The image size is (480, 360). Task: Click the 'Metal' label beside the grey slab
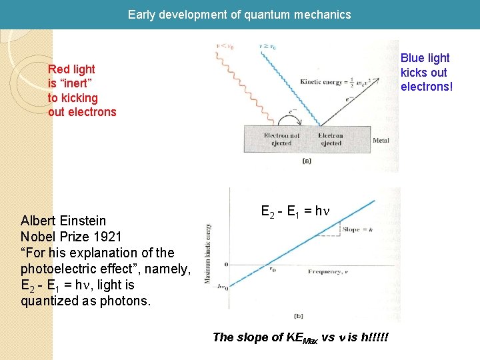click(x=381, y=141)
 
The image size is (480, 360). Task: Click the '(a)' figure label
click(x=307, y=161)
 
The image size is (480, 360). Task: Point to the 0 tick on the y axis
click(x=226, y=265)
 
